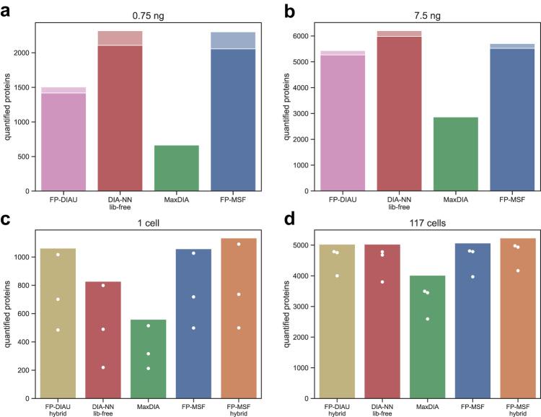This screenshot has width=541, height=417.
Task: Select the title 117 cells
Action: pyautogui.click(x=420, y=223)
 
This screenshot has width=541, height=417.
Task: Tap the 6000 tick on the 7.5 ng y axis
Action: pyautogui.click(x=302, y=36)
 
